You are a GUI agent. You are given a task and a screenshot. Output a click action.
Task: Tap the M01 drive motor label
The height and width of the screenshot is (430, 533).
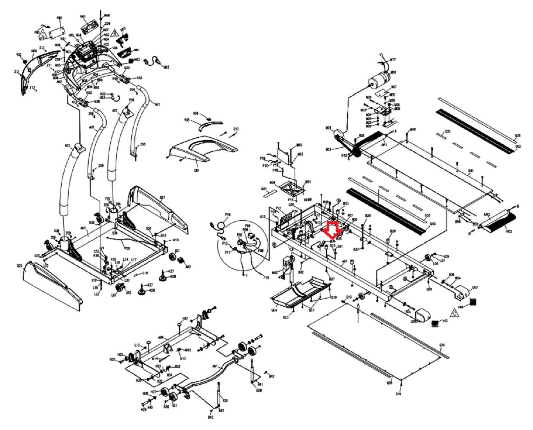pyautogui.click(x=393, y=73)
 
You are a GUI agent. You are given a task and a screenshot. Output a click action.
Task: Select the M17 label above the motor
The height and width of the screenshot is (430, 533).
pyautogui.click(x=393, y=60)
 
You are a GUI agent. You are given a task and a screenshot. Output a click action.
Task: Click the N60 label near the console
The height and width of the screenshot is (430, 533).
pyautogui.click(x=59, y=18)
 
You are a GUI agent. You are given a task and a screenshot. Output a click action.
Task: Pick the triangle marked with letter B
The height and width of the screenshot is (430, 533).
pyautogui.click(x=114, y=33)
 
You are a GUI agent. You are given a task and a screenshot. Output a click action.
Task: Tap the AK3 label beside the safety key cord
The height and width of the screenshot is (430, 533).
pyautogui.click(x=166, y=67)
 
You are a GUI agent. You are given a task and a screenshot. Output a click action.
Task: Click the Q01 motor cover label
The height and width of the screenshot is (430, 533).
pyautogui.click(x=196, y=170)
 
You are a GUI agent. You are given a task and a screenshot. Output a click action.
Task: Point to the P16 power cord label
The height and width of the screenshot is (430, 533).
pyautogui.click(x=228, y=215)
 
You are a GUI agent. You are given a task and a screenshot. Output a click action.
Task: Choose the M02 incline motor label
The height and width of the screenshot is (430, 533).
pyautogui.click(x=274, y=272)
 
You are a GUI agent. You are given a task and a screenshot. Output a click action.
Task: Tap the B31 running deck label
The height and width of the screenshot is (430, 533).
pyautogui.click(x=471, y=171)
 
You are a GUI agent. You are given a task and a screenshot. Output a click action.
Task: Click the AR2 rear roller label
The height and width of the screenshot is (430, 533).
pyautogui.click(x=487, y=215)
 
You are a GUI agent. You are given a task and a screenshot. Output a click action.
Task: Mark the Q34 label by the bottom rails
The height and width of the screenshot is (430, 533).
pyautogui.click(x=442, y=345)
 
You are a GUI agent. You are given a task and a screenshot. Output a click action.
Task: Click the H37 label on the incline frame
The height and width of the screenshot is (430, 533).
pyautogui.click(x=185, y=318)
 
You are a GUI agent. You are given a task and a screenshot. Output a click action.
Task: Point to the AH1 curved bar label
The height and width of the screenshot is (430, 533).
pyautogui.click(x=215, y=366)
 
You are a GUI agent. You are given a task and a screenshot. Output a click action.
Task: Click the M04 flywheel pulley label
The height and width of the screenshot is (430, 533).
pyautogui.click(x=328, y=127)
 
